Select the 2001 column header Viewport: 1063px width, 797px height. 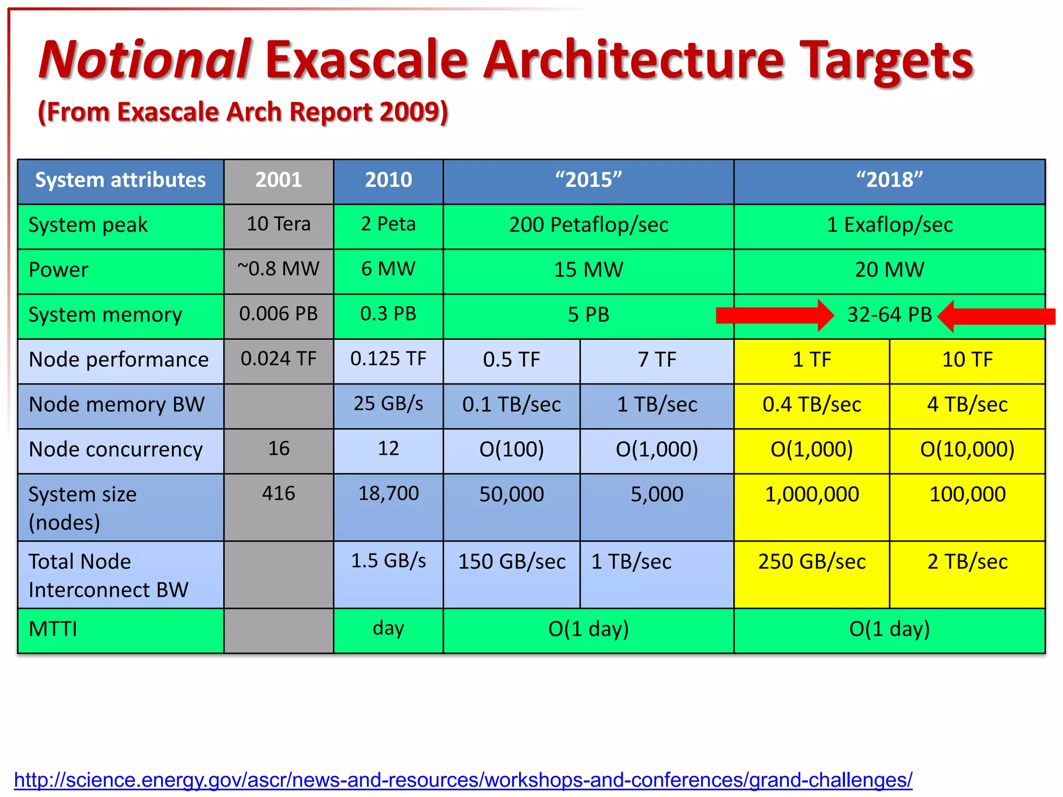pos(278,180)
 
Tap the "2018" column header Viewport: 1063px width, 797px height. pos(889,180)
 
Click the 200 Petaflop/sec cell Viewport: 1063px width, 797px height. pos(588,225)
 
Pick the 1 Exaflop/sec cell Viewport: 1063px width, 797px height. pos(889,225)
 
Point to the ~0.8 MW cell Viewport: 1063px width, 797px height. pos(278,269)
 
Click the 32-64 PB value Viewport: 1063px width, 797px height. pos(889,315)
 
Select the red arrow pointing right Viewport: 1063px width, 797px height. pos(773,315)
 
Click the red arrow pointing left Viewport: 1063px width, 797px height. pos(997,316)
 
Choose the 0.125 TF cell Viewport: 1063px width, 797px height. pos(388,359)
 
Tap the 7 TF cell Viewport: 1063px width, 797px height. pos(657,360)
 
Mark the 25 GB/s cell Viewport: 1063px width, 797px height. pos(388,404)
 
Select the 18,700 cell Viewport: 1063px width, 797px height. pos(388,493)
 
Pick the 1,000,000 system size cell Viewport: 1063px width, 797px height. pos(811,494)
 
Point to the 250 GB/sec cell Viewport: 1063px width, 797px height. pos(811,562)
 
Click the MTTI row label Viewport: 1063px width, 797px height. pos(53,629)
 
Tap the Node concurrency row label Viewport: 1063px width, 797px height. pos(116,449)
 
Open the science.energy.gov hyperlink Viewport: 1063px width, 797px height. pos(462,780)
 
